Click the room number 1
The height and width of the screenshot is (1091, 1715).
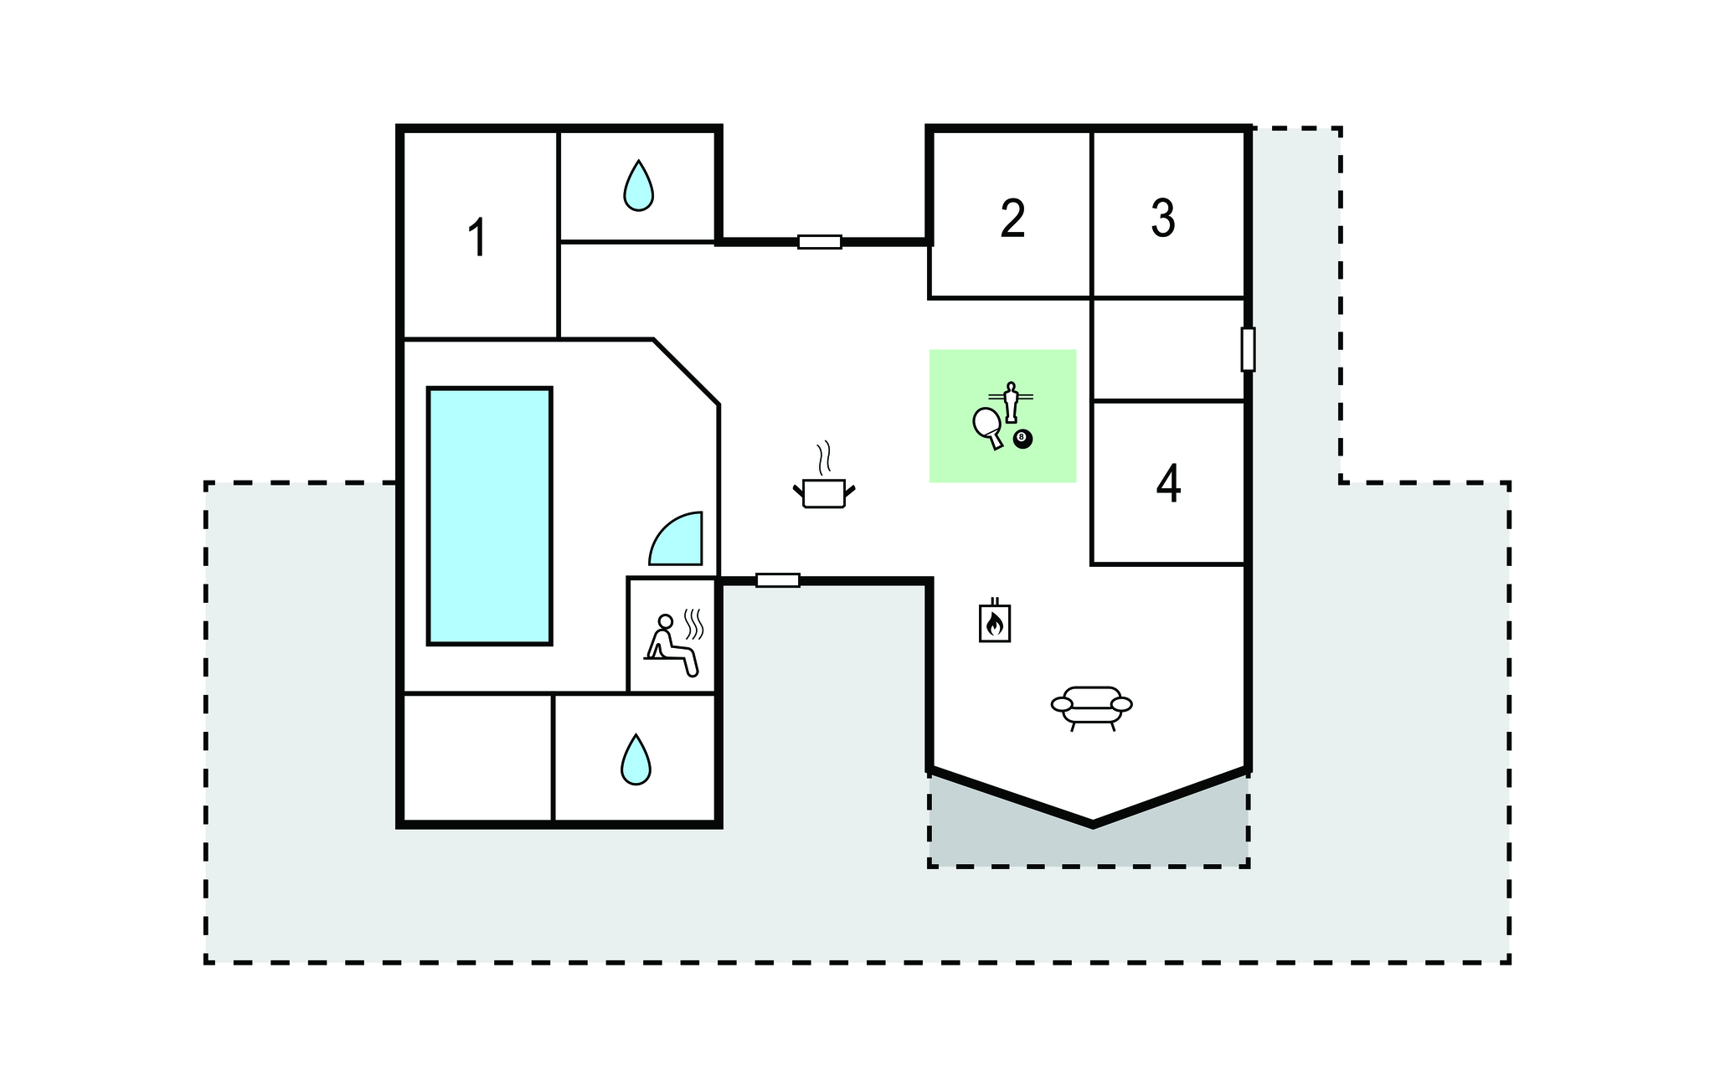[x=477, y=238]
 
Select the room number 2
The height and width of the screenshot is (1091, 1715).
[x=1012, y=218]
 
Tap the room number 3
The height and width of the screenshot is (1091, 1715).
[x=1163, y=218]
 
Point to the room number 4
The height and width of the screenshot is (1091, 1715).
[x=1168, y=483]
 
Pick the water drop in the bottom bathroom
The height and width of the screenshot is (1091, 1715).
[x=636, y=759]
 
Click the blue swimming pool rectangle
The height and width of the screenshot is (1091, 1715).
[x=490, y=516]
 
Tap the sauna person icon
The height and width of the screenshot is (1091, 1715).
[x=672, y=646]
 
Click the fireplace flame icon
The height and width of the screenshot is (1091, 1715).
[x=995, y=620]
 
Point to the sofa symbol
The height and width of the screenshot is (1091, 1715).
[x=1092, y=708]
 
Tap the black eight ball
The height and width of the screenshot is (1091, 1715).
[x=1022, y=438]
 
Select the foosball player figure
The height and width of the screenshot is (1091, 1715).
[x=1011, y=402]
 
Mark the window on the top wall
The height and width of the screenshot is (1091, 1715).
[x=820, y=242]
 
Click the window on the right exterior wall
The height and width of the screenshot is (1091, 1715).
[x=1248, y=349]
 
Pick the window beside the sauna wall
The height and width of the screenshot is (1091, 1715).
[x=778, y=580]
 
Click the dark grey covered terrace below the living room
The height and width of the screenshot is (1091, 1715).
[x=1089, y=837]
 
